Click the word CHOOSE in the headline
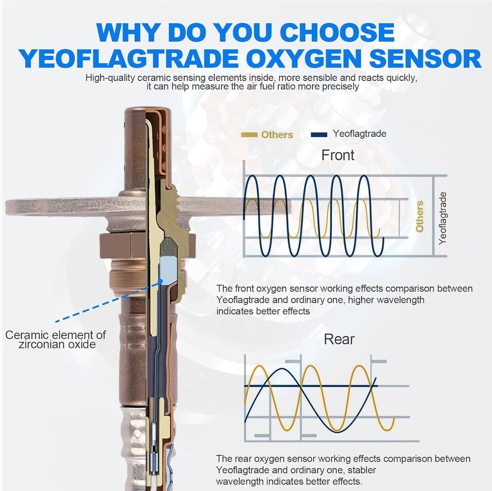pos(337,32)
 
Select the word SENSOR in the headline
pos(425,58)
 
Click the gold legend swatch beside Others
pos(250,135)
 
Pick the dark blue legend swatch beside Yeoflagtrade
pos(319,135)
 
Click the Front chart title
pos(338,155)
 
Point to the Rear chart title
pos(339,339)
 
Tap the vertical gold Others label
pos(419,217)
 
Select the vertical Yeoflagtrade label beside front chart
pos(442,218)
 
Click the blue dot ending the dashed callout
pos(160,281)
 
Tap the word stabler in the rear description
pos(361,470)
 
